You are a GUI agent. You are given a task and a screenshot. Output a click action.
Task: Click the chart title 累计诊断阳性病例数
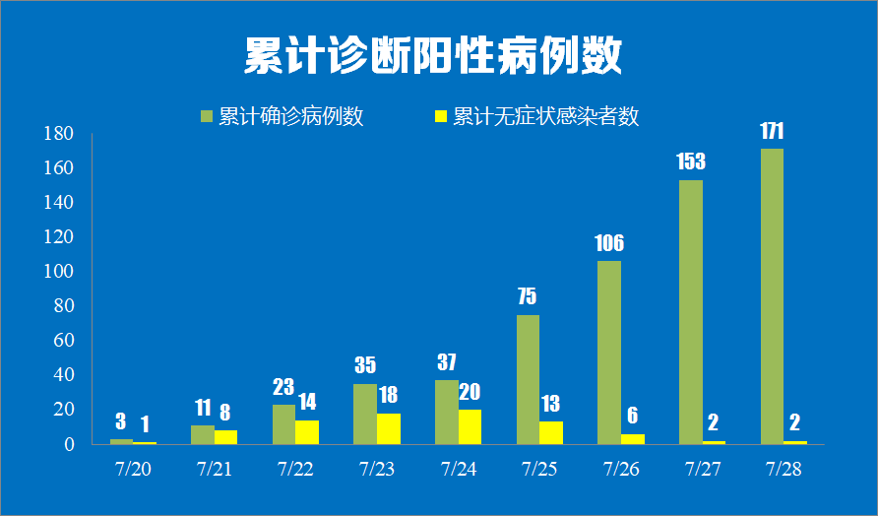click(x=433, y=57)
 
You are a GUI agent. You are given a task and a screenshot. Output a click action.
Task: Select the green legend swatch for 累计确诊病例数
click(x=206, y=116)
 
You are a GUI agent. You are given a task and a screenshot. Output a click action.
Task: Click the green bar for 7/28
click(x=772, y=295)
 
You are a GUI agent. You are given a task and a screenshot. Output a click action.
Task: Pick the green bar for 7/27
click(x=690, y=311)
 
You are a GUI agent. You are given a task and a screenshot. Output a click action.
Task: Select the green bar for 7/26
click(x=609, y=352)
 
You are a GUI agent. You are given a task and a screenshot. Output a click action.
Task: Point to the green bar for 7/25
click(x=528, y=379)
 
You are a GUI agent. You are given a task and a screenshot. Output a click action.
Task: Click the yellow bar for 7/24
click(x=470, y=426)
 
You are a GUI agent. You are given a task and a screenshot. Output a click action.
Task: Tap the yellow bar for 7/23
click(x=388, y=428)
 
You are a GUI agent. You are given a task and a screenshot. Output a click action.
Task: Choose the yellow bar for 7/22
click(x=307, y=431)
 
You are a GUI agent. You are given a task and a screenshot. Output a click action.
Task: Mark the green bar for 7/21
click(x=202, y=434)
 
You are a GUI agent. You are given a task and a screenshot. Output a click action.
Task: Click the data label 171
click(x=772, y=131)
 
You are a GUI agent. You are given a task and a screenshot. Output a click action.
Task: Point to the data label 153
click(x=690, y=161)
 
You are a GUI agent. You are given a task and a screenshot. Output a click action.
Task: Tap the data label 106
click(x=609, y=243)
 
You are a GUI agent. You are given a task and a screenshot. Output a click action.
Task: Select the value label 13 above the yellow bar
click(x=552, y=404)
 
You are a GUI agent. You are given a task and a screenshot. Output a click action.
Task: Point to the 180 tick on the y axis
click(x=60, y=134)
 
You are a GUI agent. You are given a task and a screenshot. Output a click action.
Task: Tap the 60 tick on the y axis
click(x=64, y=341)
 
